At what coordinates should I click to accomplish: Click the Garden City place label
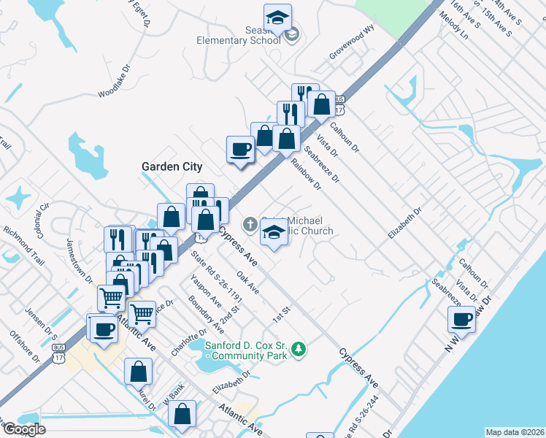(x=172, y=166)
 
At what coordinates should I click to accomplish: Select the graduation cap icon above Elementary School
(x=277, y=18)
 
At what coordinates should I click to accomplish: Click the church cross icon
(x=250, y=225)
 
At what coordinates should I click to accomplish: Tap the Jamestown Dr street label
(x=80, y=261)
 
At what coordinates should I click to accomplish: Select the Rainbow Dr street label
(x=306, y=174)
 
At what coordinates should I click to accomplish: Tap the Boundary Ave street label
(x=201, y=312)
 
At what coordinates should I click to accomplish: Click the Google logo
(x=25, y=429)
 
